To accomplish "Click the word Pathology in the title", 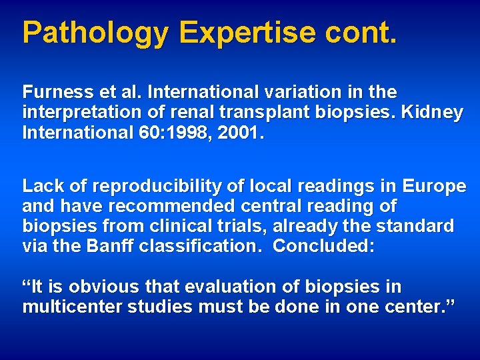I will point(95,32).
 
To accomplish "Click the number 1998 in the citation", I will point(197,133).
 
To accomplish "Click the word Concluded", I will point(323,246).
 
